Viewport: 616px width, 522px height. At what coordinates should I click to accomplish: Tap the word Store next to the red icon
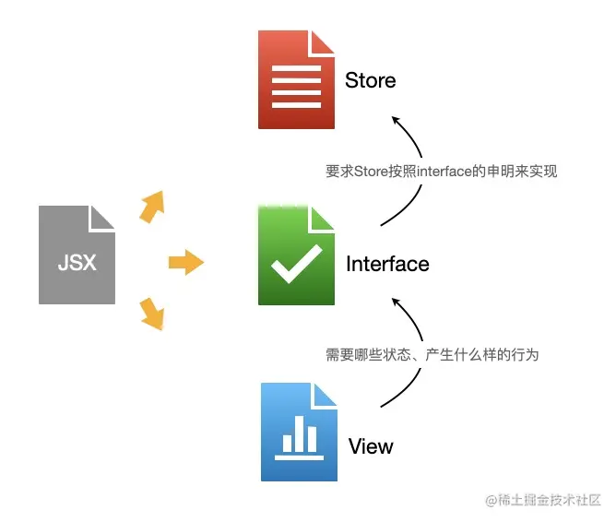click(x=371, y=80)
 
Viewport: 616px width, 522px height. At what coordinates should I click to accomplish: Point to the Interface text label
click(x=387, y=264)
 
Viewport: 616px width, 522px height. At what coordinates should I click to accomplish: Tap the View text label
click(x=371, y=446)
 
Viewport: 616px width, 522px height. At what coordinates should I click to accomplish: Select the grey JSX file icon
click(x=77, y=255)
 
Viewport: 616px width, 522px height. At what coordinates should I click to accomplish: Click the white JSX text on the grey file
click(x=77, y=263)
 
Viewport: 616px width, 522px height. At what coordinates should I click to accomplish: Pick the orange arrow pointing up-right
click(x=151, y=207)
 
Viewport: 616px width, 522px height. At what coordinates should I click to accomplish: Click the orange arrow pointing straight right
click(x=185, y=263)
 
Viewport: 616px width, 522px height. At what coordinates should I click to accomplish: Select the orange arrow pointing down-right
click(x=151, y=314)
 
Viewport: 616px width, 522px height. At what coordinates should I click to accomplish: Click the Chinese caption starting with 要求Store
click(x=442, y=171)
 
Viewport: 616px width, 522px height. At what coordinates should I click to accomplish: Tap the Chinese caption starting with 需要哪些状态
click(x=432, y=354)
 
